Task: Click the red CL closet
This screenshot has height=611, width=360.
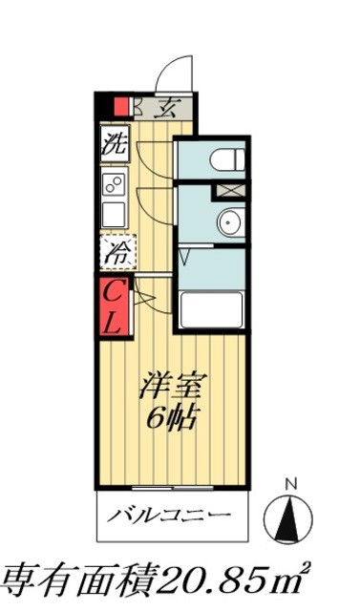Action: [x=113, y=306]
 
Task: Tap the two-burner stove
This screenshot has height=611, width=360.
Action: [x=114, y=182]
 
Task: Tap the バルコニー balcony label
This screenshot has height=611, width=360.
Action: [x=170, y=516]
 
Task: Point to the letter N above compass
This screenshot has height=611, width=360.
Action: [x=292, y=482]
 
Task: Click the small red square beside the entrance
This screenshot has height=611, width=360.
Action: [x=122, y=107]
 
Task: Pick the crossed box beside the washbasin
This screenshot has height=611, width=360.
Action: [x=230, y=189]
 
